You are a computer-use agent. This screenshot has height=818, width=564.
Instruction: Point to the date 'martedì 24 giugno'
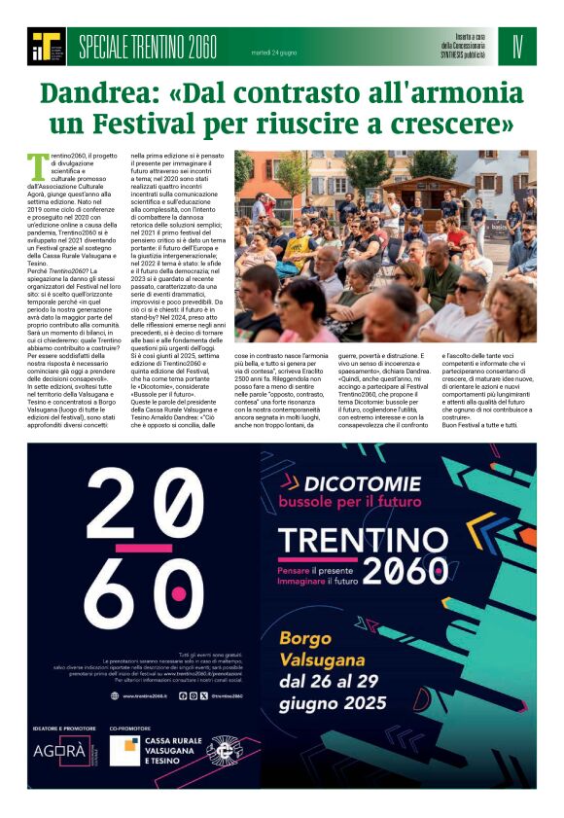pos(275,51)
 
